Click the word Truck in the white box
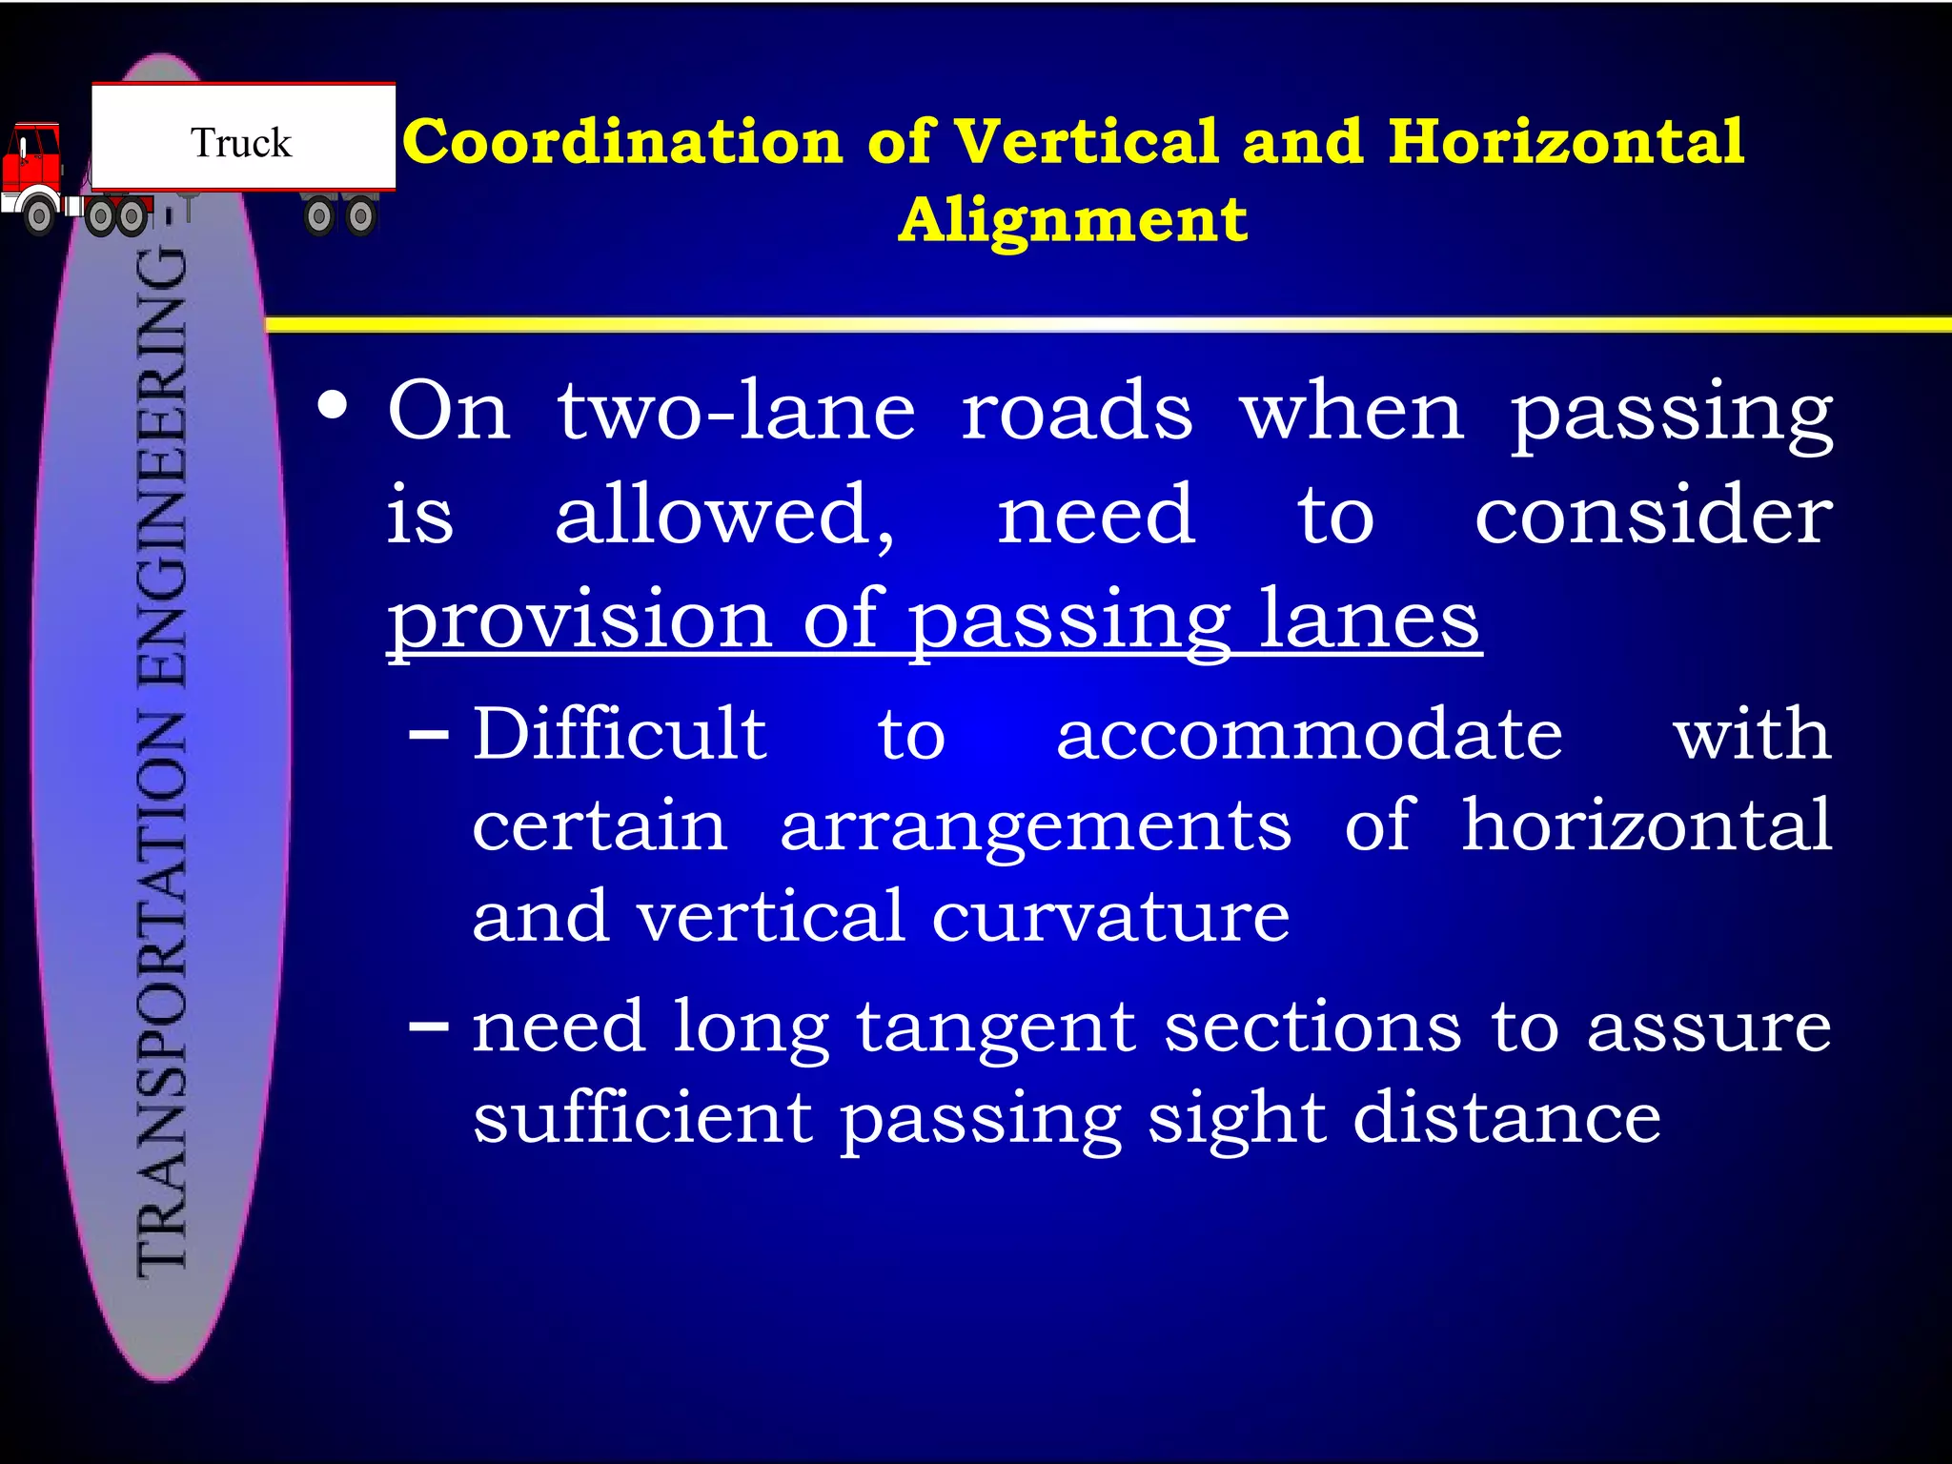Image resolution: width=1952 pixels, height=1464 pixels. pos(241,143)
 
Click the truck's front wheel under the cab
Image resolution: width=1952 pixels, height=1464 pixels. pos(39,216)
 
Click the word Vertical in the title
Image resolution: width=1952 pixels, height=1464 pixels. pos(1087,142)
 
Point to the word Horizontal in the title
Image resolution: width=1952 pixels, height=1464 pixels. pos(1566,142)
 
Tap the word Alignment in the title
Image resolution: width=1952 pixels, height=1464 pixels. pos(1073,220)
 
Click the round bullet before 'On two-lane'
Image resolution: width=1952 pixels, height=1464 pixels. pos(333,408)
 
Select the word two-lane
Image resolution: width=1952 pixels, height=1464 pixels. pos(736,412)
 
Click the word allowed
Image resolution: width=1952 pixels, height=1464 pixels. pos(724,515)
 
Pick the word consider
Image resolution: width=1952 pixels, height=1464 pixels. pos(1653,515)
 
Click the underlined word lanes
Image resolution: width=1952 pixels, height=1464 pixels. pos(1370,620)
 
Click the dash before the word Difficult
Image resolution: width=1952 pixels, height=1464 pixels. pos(428,736)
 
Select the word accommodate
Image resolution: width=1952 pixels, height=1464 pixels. pos(1310,736)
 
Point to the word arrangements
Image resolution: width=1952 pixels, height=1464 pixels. pos(1036,826)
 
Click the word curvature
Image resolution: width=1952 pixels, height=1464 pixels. pos(1110,917)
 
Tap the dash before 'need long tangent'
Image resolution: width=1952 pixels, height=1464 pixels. pos(428,1027)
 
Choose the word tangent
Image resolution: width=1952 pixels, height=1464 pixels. pos(996,1029)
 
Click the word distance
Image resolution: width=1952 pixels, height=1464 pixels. pos(1507,1117)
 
